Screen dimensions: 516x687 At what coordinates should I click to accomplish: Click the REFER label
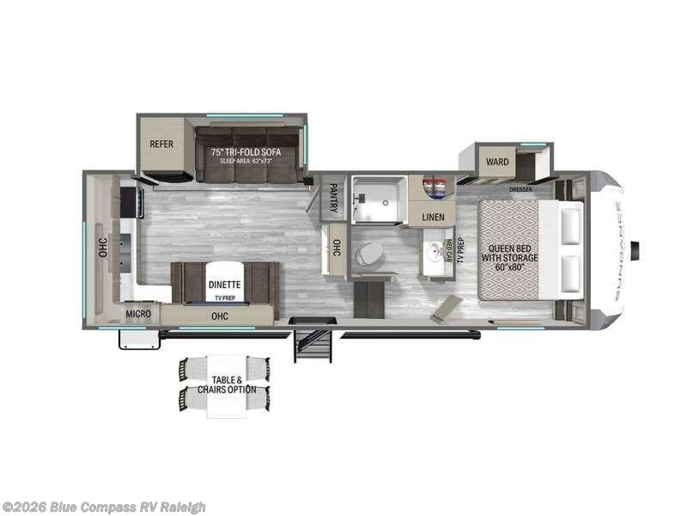(x=161, y=144)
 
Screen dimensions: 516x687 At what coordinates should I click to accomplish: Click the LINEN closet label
(x=434, y=217)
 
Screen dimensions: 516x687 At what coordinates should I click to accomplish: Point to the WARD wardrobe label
(x=496, y=162)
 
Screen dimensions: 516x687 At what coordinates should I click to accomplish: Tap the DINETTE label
(x=223, y=284)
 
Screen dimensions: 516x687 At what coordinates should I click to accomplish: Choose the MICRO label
(x=138, y=315)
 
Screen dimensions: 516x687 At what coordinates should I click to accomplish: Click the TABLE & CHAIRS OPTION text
(x=228, y=384)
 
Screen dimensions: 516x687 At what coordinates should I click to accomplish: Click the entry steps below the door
(x=313, y=344)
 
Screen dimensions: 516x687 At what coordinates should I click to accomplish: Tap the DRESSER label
(x=520, y=189)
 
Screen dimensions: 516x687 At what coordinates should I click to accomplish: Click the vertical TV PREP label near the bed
(x=461, y=249)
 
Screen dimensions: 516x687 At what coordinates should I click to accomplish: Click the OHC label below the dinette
(x=220, y=316)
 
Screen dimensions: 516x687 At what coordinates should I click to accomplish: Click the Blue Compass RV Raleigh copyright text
(x=104, y=507)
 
